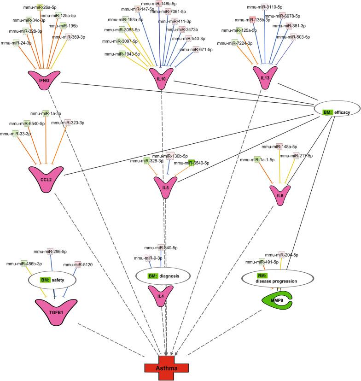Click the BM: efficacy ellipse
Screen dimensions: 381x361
(335, 111)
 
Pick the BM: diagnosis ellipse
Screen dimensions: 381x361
(163, 276)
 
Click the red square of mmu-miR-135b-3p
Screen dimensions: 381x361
(252, 19)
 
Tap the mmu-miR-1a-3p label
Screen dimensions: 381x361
(45, 113)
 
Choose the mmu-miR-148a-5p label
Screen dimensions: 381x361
(279, 147)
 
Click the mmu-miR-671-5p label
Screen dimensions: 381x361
(195, 50)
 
